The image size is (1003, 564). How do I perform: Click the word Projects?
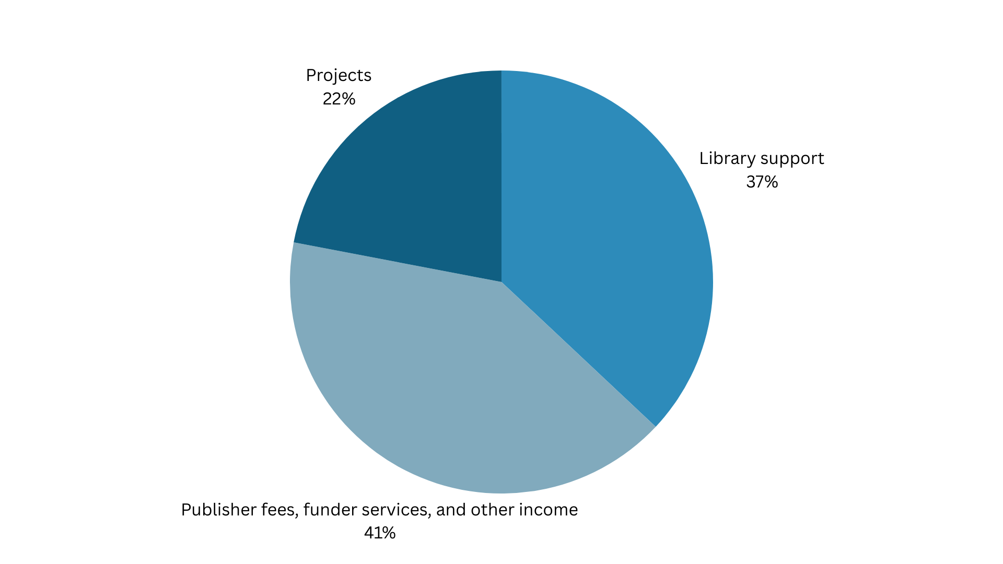tap(339, 76)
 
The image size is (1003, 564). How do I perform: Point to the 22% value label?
tap(339, 99)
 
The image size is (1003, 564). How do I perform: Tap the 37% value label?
tap(762, 182)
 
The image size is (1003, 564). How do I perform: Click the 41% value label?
tap(380, 533)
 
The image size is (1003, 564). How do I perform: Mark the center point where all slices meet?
tap(501, 282)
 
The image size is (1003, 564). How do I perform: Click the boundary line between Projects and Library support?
tap(501, 178)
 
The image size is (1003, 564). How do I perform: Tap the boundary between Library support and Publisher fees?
tap(578, 354)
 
